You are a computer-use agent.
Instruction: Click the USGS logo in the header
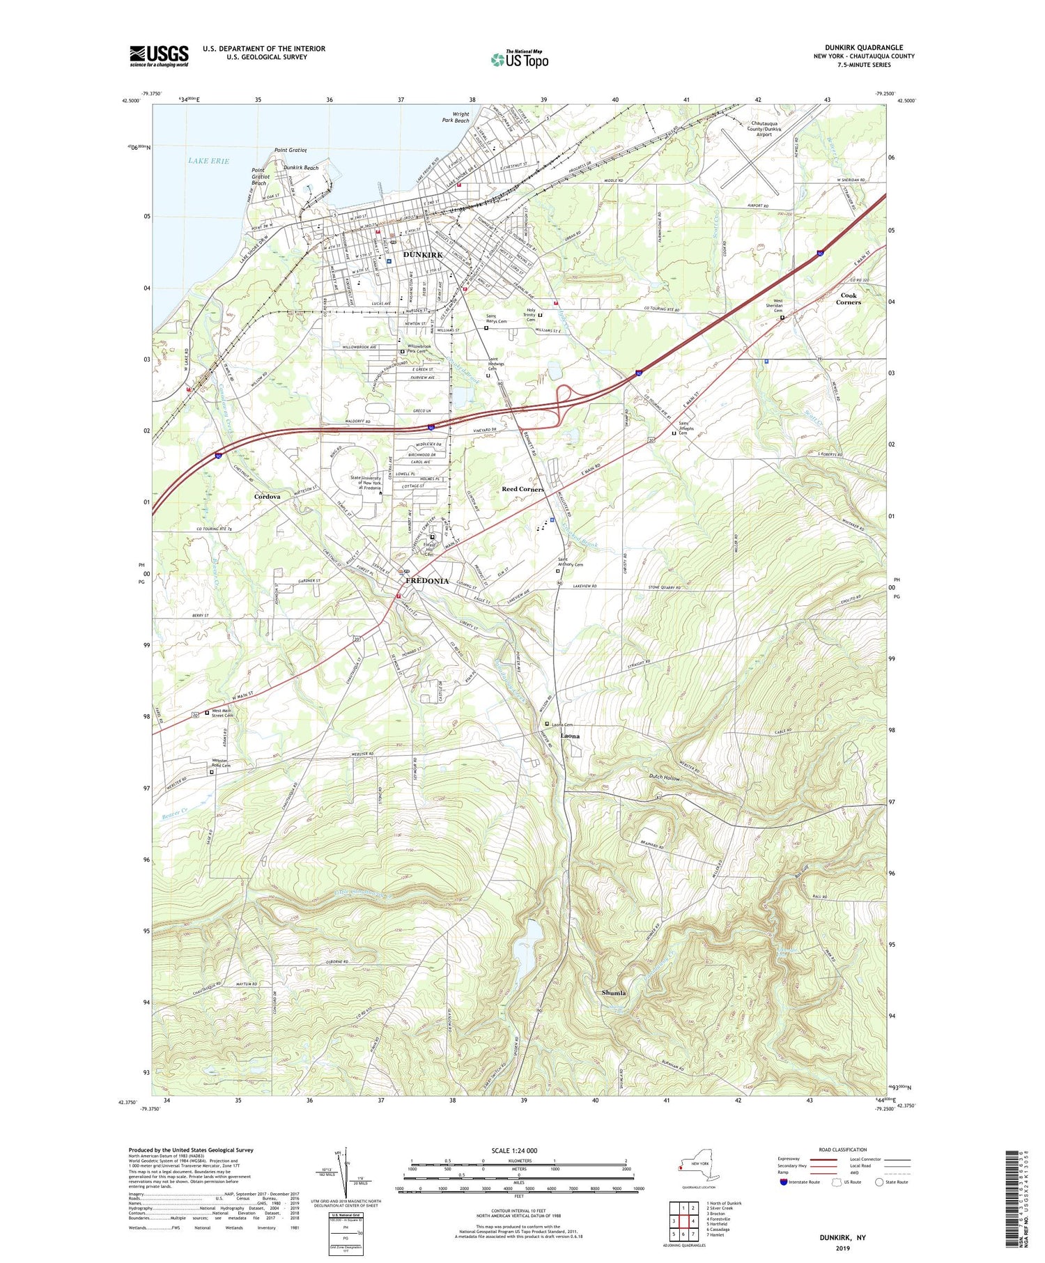click(x=159, y=56)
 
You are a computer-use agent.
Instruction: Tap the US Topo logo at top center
click(x=520, y=59)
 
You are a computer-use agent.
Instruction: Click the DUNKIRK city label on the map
click(x=423, y=255)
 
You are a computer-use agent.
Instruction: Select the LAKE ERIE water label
click(x=208, y=161)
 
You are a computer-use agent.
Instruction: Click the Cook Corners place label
click(x=848, y=299)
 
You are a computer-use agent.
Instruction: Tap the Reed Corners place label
click(x=522, y=489)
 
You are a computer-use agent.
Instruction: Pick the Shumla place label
click(x=614, y=993)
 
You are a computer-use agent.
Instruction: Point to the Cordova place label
click(x=267, y=496)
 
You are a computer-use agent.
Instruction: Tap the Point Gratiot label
click(x=291, y=150)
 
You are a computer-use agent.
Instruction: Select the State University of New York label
click(x=366, y=483)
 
